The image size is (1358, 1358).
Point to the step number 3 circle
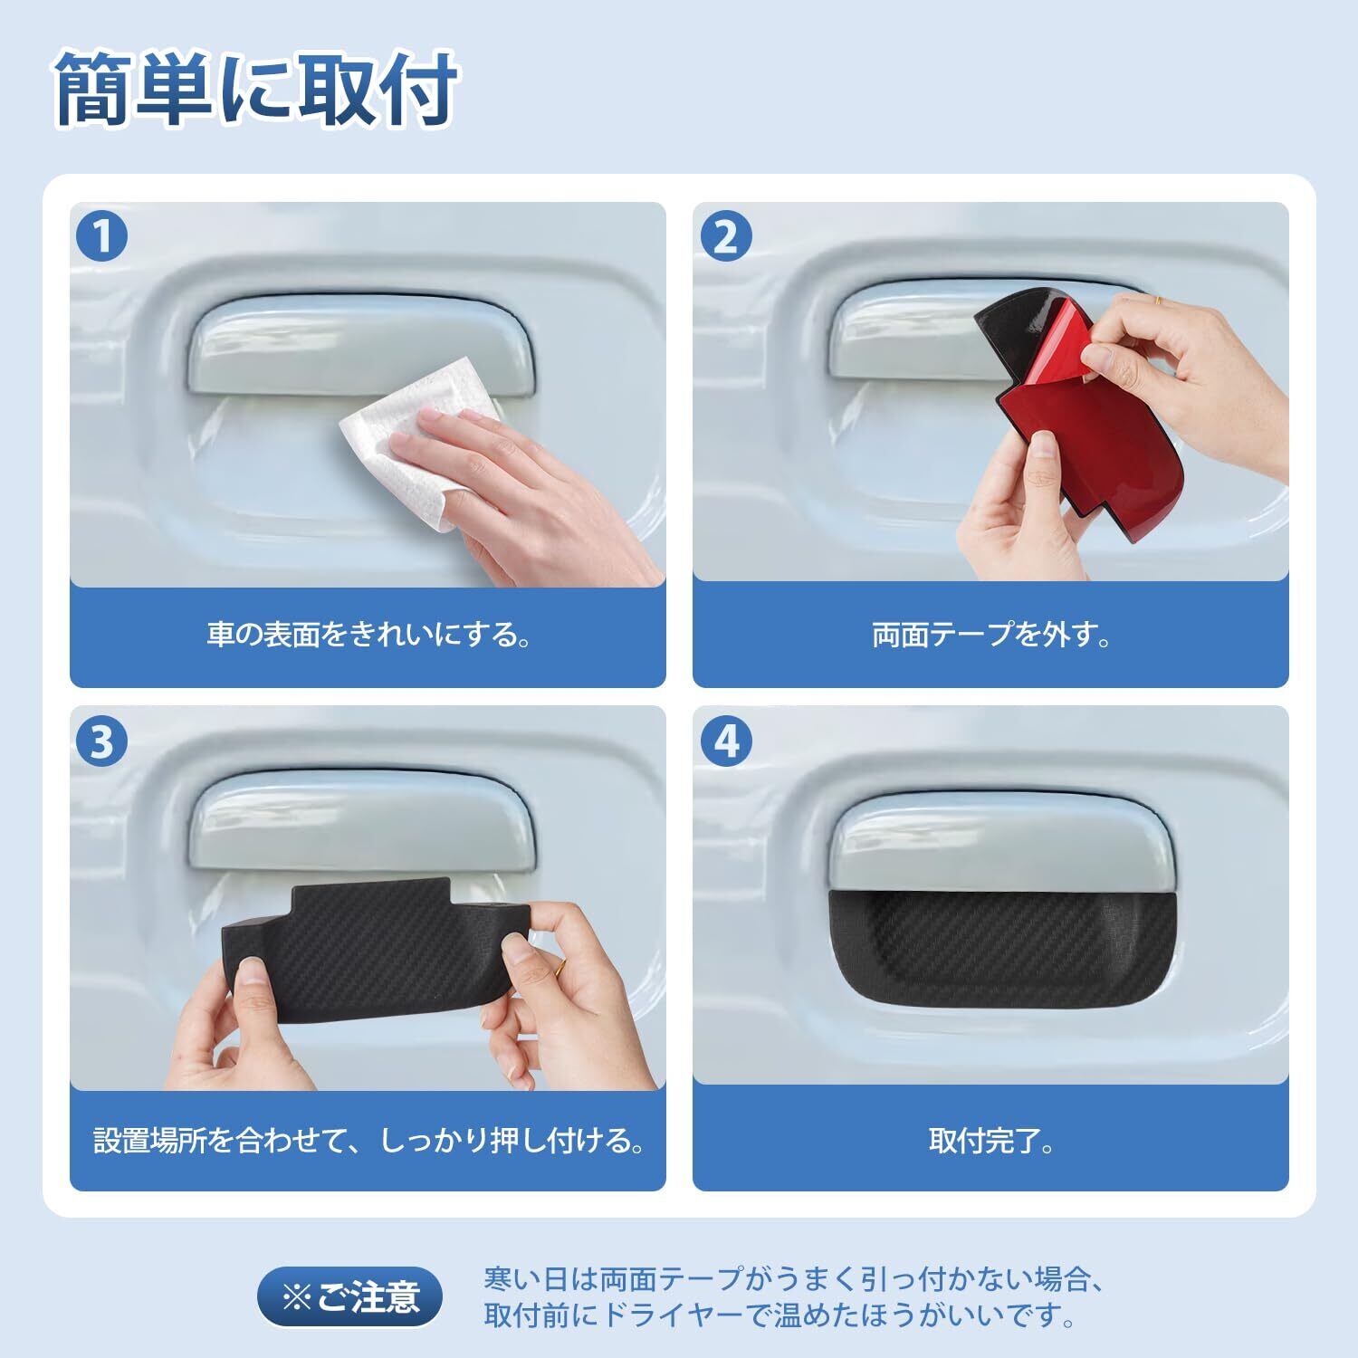[x=101, y=741]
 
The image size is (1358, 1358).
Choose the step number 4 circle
[x=726, y=741]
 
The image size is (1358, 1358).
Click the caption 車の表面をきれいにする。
[x=368, y=635]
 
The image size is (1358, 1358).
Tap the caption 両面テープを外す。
[x=991, y=635]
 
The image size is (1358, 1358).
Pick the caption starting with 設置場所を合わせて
[x=368, y=1139]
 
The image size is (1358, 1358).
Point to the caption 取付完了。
[x=991, y=1139]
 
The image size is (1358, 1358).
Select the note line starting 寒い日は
[x=793, y=1280]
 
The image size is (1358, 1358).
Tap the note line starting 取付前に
[x=779, y=1315]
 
